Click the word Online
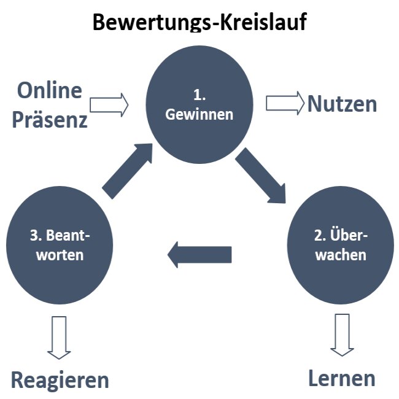tap(49, 91)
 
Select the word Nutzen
tap(342, 104)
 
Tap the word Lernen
tap(341, 378)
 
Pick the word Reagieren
tap(60, 380)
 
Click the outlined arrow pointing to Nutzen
tap(285, 103)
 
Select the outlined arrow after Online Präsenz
tap(109, 104)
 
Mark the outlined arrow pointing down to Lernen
tap(342, 334)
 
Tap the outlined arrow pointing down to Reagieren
tap(60, 336)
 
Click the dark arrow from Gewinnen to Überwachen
tap(261, 176)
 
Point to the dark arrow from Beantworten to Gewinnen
tap(128, 170)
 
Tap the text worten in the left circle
tap(60, 254)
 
